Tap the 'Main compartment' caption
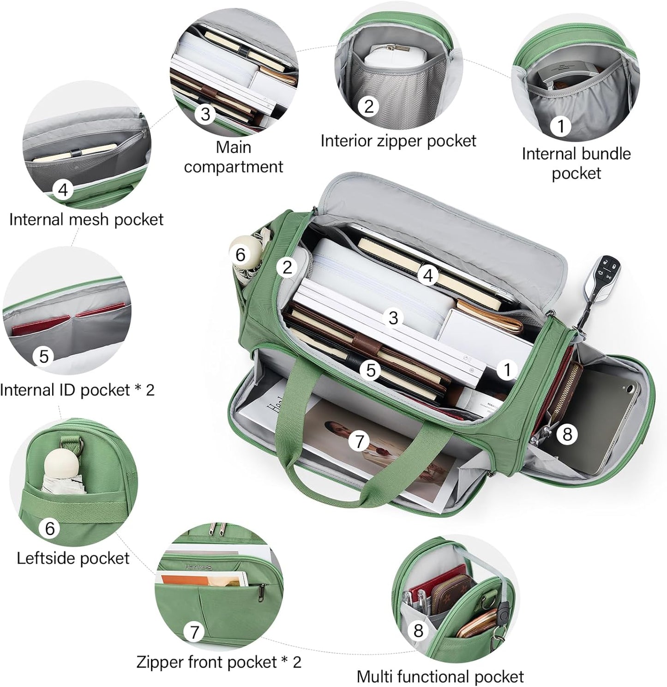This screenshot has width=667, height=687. click(x=234, y=157)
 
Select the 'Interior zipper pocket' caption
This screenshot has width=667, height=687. click(x=398, y=140)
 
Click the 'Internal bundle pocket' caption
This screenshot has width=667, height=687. click(x=576, y=163)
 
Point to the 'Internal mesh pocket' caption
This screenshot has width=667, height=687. click(x=86, y=219)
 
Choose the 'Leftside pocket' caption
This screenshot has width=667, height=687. click(x=73, y=558)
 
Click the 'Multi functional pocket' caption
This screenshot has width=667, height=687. click(x=440, y=677)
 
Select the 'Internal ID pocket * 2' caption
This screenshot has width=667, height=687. click(x=78, y=390)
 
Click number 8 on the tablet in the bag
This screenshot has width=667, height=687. click(x=567, y=434)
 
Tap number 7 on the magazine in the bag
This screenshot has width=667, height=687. click(x=360, y=441)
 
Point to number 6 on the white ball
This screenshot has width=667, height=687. click(x=240, y=255)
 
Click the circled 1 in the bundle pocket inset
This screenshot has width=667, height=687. click(x=561, y=126)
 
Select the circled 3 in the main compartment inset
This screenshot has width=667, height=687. click(x=205, y=113)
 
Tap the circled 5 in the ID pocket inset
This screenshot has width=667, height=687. click(x=44, y=356)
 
